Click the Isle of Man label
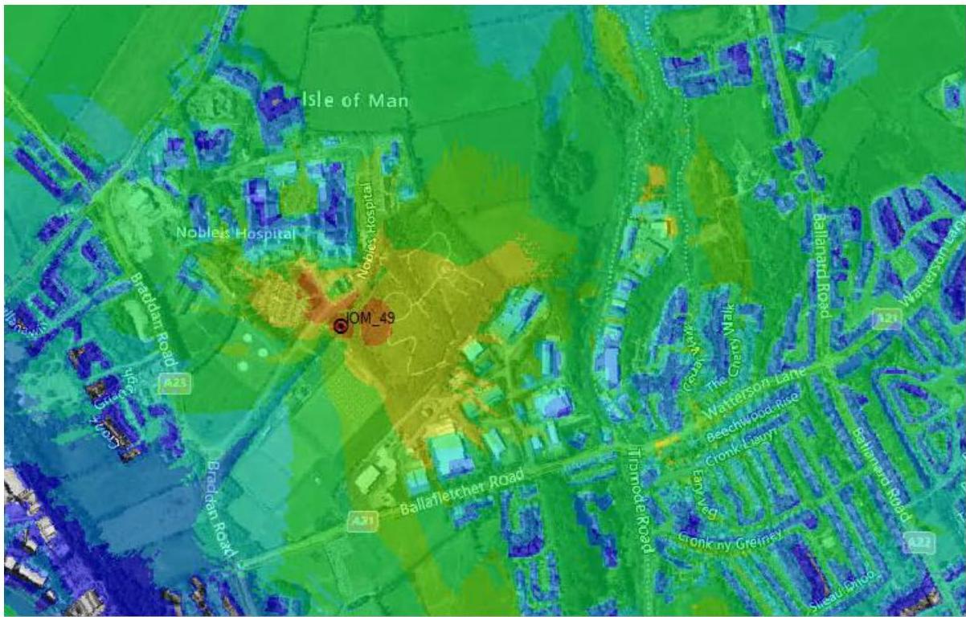click(355, 102)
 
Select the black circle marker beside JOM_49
click(340, 326)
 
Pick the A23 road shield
click(175, 384)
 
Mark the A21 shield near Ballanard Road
click(886, 319)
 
